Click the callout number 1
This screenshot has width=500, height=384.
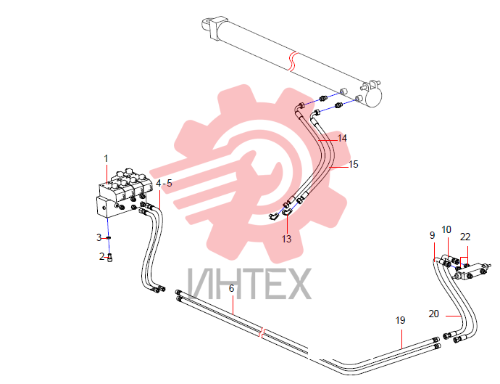[x=107, y=158]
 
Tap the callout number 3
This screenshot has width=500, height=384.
[x=99, y=237]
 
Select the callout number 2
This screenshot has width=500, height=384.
[x=101, y=256]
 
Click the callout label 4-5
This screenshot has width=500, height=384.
[x=164, y=184]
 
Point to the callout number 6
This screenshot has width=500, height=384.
[x=231, y=288]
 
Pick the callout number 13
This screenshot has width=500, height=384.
[x=286, y=239]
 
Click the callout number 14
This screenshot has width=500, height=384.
[x=342, y=139]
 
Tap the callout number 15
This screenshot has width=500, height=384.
[x=354, y=164]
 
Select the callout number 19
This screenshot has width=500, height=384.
[x=400, y=320]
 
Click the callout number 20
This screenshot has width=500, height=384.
[x=433, y=314]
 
